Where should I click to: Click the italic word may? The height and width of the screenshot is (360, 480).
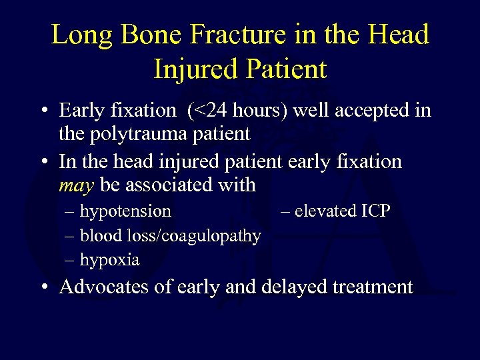[x=77, y=185]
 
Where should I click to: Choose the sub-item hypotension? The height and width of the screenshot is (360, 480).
[x=125, y=211]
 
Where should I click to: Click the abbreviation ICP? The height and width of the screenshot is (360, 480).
[x=376, y=211]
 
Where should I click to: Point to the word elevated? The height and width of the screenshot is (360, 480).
[x=325, y=211]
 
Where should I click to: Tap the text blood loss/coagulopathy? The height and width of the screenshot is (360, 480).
[x=170, y=235]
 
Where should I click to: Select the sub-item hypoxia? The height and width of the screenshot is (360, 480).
[x=109, y=259]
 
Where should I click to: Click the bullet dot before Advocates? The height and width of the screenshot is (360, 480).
[x=43, y=288]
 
